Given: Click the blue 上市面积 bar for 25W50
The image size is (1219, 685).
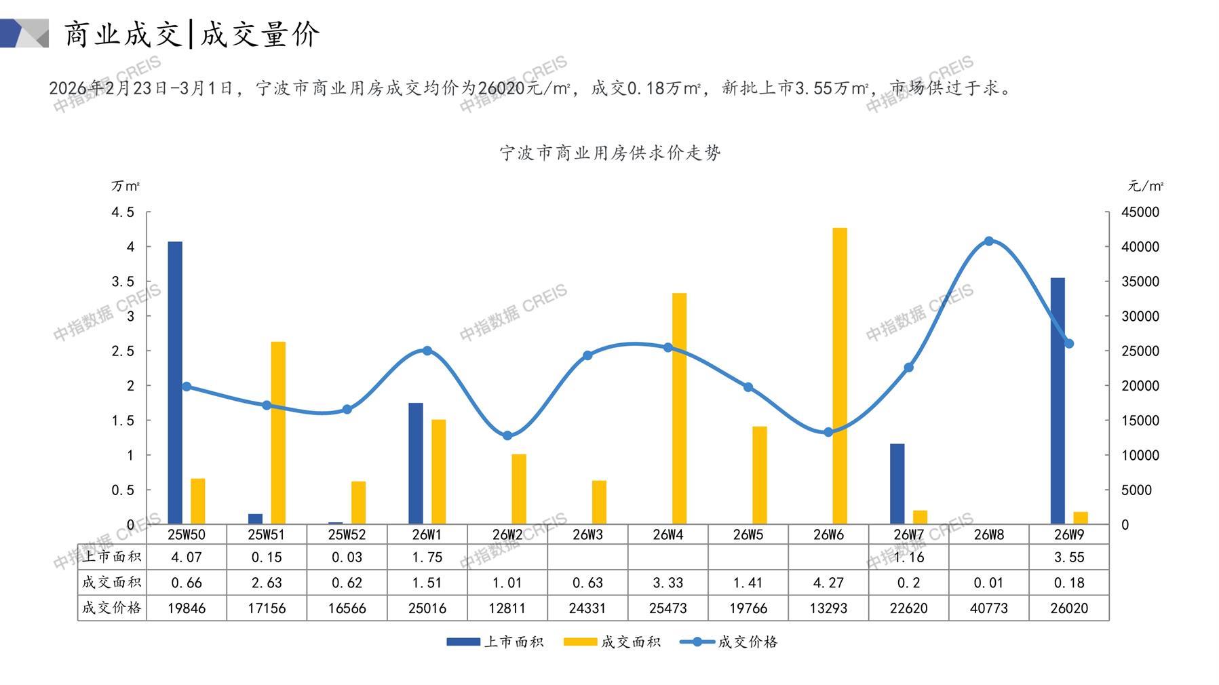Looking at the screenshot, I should point(175,383).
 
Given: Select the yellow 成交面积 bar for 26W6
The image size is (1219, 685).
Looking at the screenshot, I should point(840,376).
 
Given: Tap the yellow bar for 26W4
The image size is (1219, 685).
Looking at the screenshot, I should point(679,408).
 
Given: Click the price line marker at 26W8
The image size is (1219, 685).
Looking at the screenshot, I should point(988,241).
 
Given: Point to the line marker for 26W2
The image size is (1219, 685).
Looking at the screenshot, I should point(507,435).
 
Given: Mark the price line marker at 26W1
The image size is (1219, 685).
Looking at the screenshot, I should point(427,351).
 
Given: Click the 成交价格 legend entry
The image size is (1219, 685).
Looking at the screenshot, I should point(729,642).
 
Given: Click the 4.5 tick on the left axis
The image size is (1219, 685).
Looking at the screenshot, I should point(123,212).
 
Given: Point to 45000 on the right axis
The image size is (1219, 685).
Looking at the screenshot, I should point(1140,212).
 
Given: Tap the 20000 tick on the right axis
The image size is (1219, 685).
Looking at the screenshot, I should point(1140,386).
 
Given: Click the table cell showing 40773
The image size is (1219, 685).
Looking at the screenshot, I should point(988,608).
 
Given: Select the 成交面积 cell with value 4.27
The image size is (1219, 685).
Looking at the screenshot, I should point(828,583).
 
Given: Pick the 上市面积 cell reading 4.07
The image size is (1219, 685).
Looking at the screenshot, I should point(187,557).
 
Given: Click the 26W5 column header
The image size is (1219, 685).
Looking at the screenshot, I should point(748,534).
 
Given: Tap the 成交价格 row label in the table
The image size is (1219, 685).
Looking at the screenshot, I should point(112,608).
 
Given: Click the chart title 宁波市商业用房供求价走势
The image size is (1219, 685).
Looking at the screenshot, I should point(610,153).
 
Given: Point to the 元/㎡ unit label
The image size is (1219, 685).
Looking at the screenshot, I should point(1145,186).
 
